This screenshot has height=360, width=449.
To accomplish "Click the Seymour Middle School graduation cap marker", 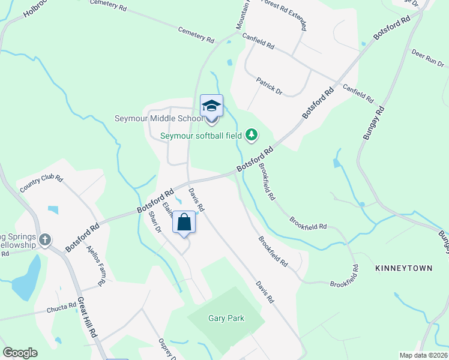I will pos(211,106).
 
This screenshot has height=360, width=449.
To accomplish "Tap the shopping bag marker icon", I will pos(185,223).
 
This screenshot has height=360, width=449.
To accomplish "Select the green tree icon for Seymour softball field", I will pos(252,134).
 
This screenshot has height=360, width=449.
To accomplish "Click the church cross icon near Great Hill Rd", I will pos(44,241).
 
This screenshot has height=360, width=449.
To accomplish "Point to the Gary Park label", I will pos(226,319).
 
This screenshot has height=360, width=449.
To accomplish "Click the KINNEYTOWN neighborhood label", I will pos(404,268).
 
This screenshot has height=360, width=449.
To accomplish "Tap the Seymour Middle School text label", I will pos(159,118).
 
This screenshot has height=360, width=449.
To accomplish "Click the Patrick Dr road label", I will pos(269,85).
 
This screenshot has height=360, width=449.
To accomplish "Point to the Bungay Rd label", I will pos(372,124).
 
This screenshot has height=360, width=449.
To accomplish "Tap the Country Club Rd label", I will pos(41,183).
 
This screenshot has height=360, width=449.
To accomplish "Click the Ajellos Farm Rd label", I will pos(97,265).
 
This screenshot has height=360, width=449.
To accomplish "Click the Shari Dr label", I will pos(155,221).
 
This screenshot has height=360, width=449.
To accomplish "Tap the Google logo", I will pos(20,353).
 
